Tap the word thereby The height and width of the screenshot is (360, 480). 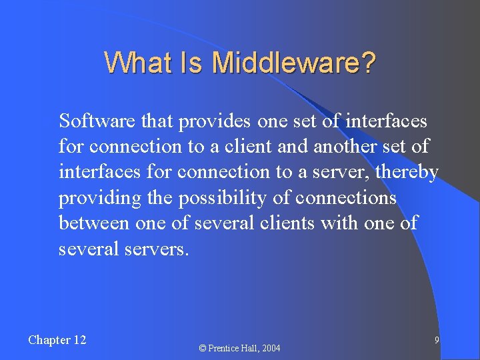(406, 173)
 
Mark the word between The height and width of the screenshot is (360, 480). (94, 223)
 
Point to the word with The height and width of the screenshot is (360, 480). (339, 223)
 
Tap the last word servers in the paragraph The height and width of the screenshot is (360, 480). (157, 249)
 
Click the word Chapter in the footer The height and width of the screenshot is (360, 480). (49, 340)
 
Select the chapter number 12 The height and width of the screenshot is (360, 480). (79, 340)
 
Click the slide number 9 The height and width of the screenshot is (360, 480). (436, 341)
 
